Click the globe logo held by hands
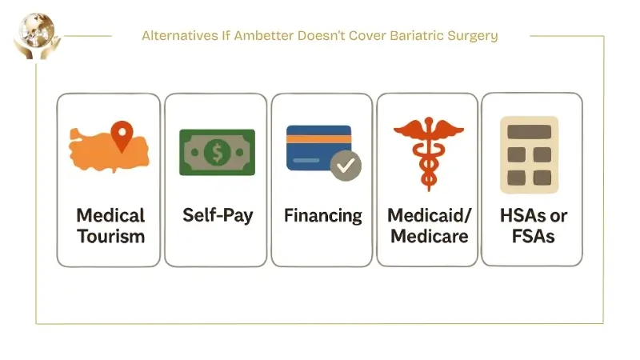(x=33, y=34)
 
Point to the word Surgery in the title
(x=474, y=36)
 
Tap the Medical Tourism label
(x=110, y=226)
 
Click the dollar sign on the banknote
(x=217, y=152)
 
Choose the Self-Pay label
(x=216, y=216)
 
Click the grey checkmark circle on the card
(x=346, y=166)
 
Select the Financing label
(x=322, y=216)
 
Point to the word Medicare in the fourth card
(x=428, y=236)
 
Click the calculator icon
(x=529, y=155)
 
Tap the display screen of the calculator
(x=529, y=131)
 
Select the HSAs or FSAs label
(x=528, y=226)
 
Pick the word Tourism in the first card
(x=110, y=236)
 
